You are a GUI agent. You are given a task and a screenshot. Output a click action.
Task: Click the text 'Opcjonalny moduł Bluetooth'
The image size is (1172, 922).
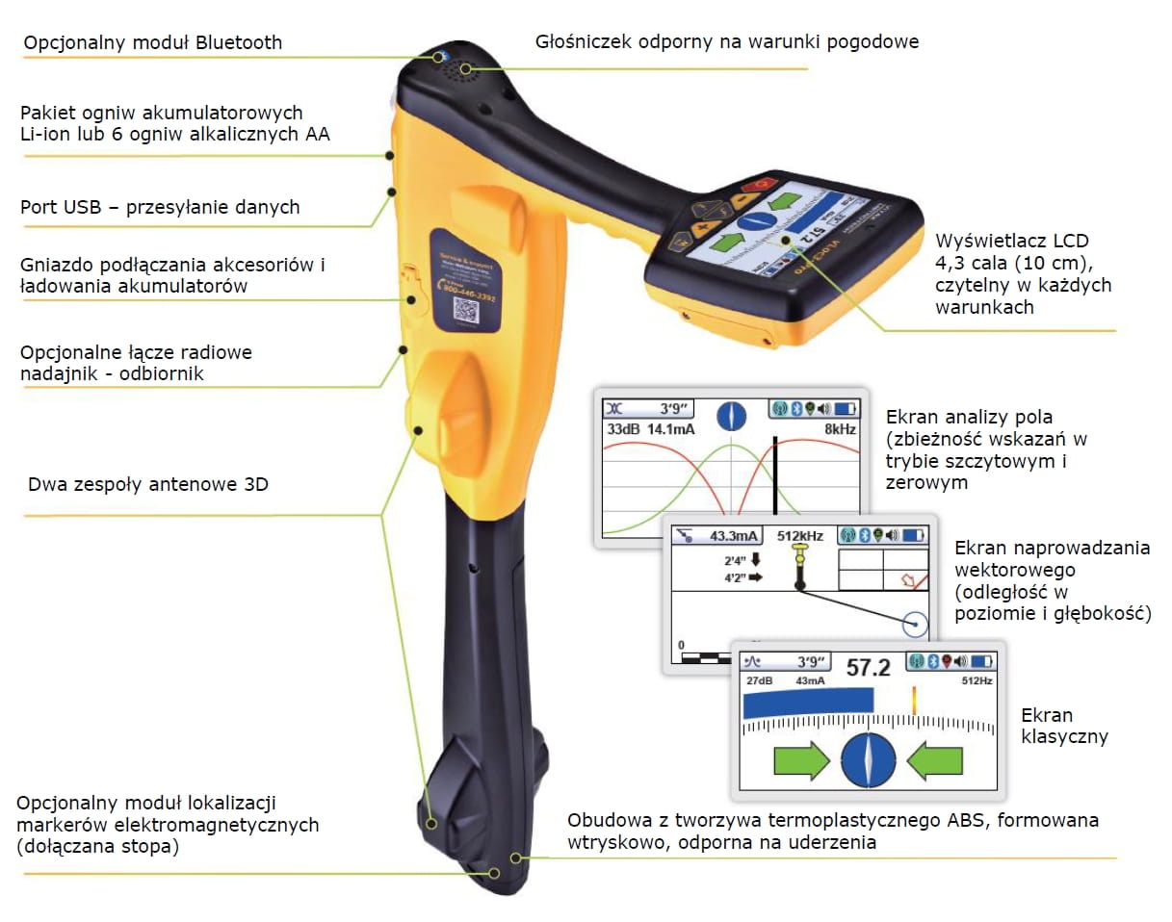153,42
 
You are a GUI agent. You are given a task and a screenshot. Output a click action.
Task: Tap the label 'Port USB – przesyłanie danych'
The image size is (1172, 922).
160,207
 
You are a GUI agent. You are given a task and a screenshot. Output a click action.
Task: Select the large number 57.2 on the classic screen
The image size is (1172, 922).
868,667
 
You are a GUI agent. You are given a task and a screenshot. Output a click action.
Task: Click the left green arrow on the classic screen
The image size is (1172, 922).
800,761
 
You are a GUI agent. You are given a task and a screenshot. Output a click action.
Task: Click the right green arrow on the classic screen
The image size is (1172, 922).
934,761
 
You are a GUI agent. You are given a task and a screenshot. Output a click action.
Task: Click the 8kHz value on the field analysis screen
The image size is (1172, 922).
840,429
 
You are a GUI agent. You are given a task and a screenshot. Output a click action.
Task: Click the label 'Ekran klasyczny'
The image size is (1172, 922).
1064,727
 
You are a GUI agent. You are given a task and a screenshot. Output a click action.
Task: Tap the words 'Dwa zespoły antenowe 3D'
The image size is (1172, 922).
148,484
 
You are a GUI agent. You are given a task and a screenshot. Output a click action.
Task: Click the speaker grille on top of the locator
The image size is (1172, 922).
469,69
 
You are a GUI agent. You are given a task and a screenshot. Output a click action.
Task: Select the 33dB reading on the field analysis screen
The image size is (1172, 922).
621,429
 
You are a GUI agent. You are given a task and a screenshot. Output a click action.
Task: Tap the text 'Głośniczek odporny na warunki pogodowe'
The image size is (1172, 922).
727,41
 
